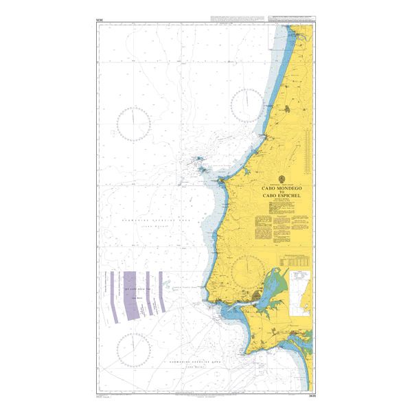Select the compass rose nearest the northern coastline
point(249,104)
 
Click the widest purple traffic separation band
point(130,295)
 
